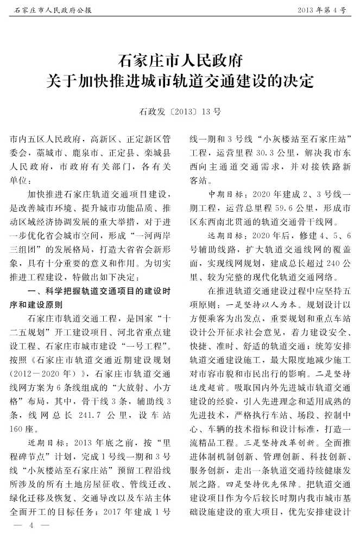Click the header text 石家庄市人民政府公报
[x=52, y=10]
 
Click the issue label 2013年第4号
[x=321, y=10]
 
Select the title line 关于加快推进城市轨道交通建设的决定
[x=180, y=81]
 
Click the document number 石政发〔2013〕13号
[x=180, y=112]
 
